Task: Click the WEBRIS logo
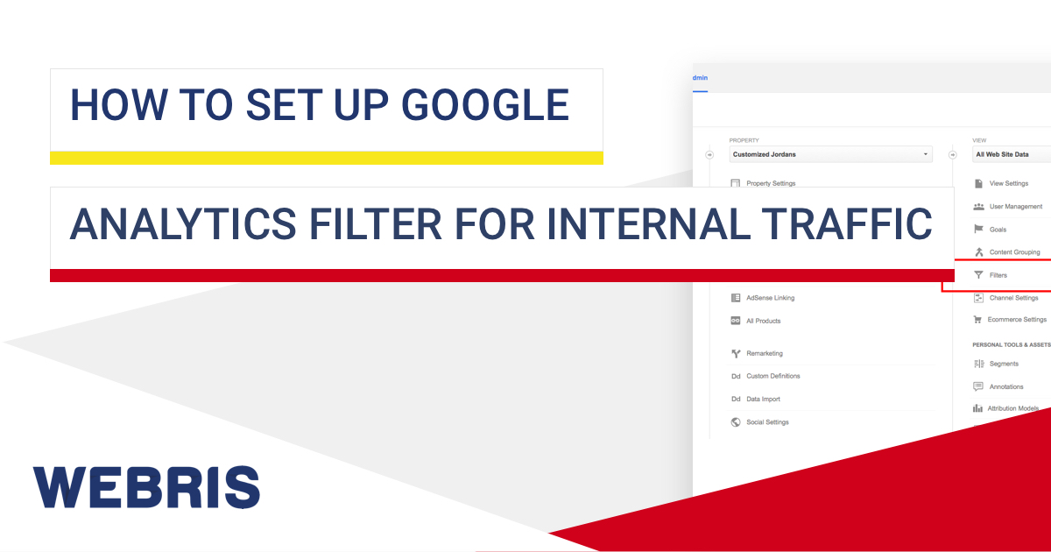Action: tap(146, 487)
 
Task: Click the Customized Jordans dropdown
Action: tap(830, 155)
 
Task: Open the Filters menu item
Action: tap(998, 275)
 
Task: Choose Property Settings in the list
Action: tap(770, 183)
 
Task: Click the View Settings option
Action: tap(1008, 183)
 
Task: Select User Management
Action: tap(1015, 207)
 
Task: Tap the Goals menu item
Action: tap(998, 230)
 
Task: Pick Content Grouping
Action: tap(1014, 252)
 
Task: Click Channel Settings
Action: tap(1013, 298)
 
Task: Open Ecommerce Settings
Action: tap(1017, 320)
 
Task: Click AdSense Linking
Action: tap(770, 298)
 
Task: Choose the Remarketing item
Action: tap(764, 354)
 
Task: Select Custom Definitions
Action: tap(772, 376)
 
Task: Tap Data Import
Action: tap(763, 399)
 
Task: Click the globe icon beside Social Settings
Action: tap(736, 422)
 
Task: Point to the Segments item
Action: tap(1003, 364)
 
